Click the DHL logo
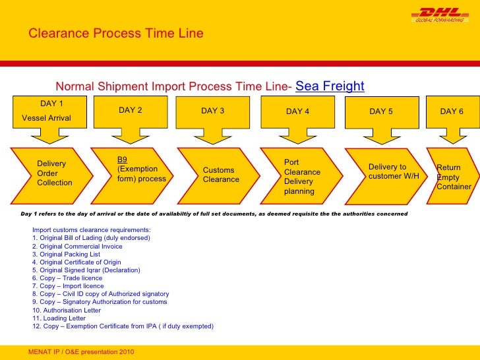point(438,15)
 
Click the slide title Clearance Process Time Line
point(115,34)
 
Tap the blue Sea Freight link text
point(330,86)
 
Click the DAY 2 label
point(131,111)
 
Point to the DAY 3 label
point(213,111)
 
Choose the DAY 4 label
point(297,111)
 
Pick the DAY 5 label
point(381,111)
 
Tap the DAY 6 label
point(452,111)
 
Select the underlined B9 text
point(123,160)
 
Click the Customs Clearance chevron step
point(221,175)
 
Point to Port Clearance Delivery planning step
point(302,177)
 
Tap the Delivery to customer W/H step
point(393,171)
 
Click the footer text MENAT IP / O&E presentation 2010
point(81,352)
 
